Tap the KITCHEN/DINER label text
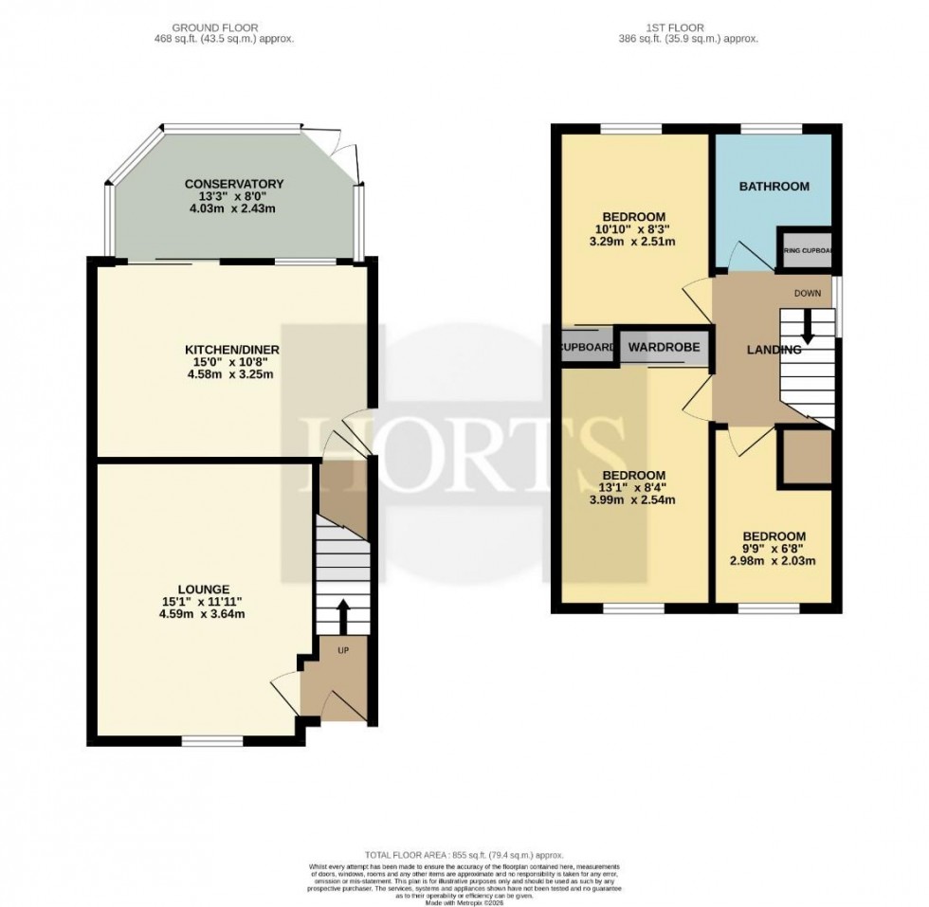click(232, 350)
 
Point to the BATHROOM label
click(774, 187)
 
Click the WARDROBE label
click(664, 348)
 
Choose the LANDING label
click(774, 350)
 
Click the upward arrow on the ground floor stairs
click(342, 614)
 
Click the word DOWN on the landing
click(808, 294)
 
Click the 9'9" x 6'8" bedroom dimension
click(774, 549)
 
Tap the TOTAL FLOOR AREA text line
click(464, 854)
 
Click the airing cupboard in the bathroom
click(805, 250)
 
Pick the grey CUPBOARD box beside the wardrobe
click(587, 347)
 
